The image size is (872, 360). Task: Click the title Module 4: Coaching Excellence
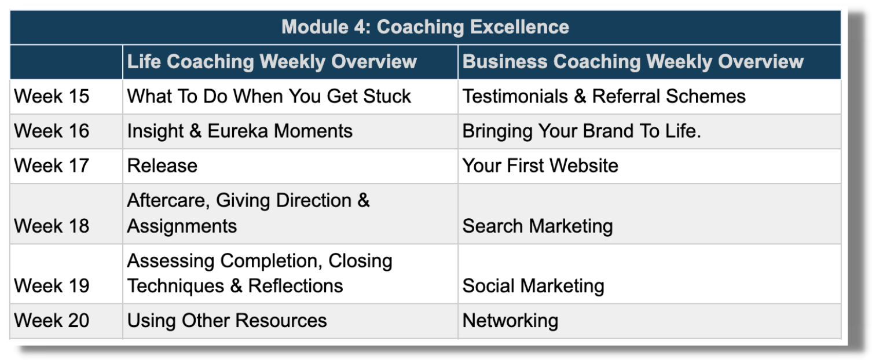425,27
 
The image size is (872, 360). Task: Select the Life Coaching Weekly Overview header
272,61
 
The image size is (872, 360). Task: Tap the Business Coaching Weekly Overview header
633,61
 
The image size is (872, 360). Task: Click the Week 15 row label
52,96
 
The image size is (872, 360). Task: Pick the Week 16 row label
52,131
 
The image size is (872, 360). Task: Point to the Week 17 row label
52,166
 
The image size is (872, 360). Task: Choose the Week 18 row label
52,226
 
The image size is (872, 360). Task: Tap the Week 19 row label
52,286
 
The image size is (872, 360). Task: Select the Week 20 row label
52,320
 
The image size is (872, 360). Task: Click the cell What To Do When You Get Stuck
269,96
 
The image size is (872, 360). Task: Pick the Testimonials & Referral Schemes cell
604,96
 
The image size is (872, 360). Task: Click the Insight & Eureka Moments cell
240,131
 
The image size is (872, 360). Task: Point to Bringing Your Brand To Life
581,131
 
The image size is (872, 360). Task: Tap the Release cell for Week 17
162,166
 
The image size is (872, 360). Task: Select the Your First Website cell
540,166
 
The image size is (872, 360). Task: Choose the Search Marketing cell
537,226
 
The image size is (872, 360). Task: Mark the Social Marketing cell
533,286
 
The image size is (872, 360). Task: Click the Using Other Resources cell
227,321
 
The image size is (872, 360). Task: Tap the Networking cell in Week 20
510,321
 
